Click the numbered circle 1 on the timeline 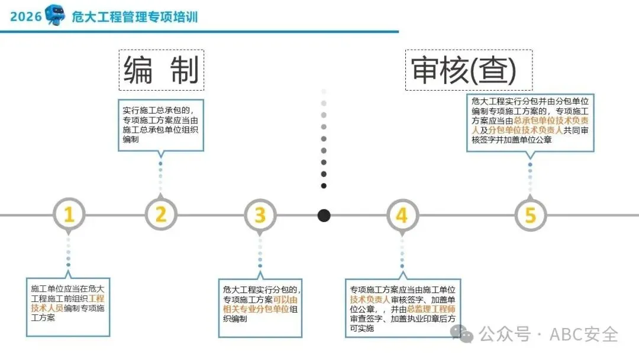tap(69, 215)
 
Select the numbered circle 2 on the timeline tap(161, 215)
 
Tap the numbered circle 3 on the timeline tap(260, 215)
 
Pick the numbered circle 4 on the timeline tap(402, 215)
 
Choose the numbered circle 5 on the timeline tap(530, 215)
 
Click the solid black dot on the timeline tap(324, 215)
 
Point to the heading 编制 tap(161, 70)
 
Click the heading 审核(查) tap(464, 70)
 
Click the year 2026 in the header tap(26, 17)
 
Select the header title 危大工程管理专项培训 tap(134, 17)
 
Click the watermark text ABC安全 tap(584, 335)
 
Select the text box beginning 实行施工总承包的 tap(160, 124)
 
